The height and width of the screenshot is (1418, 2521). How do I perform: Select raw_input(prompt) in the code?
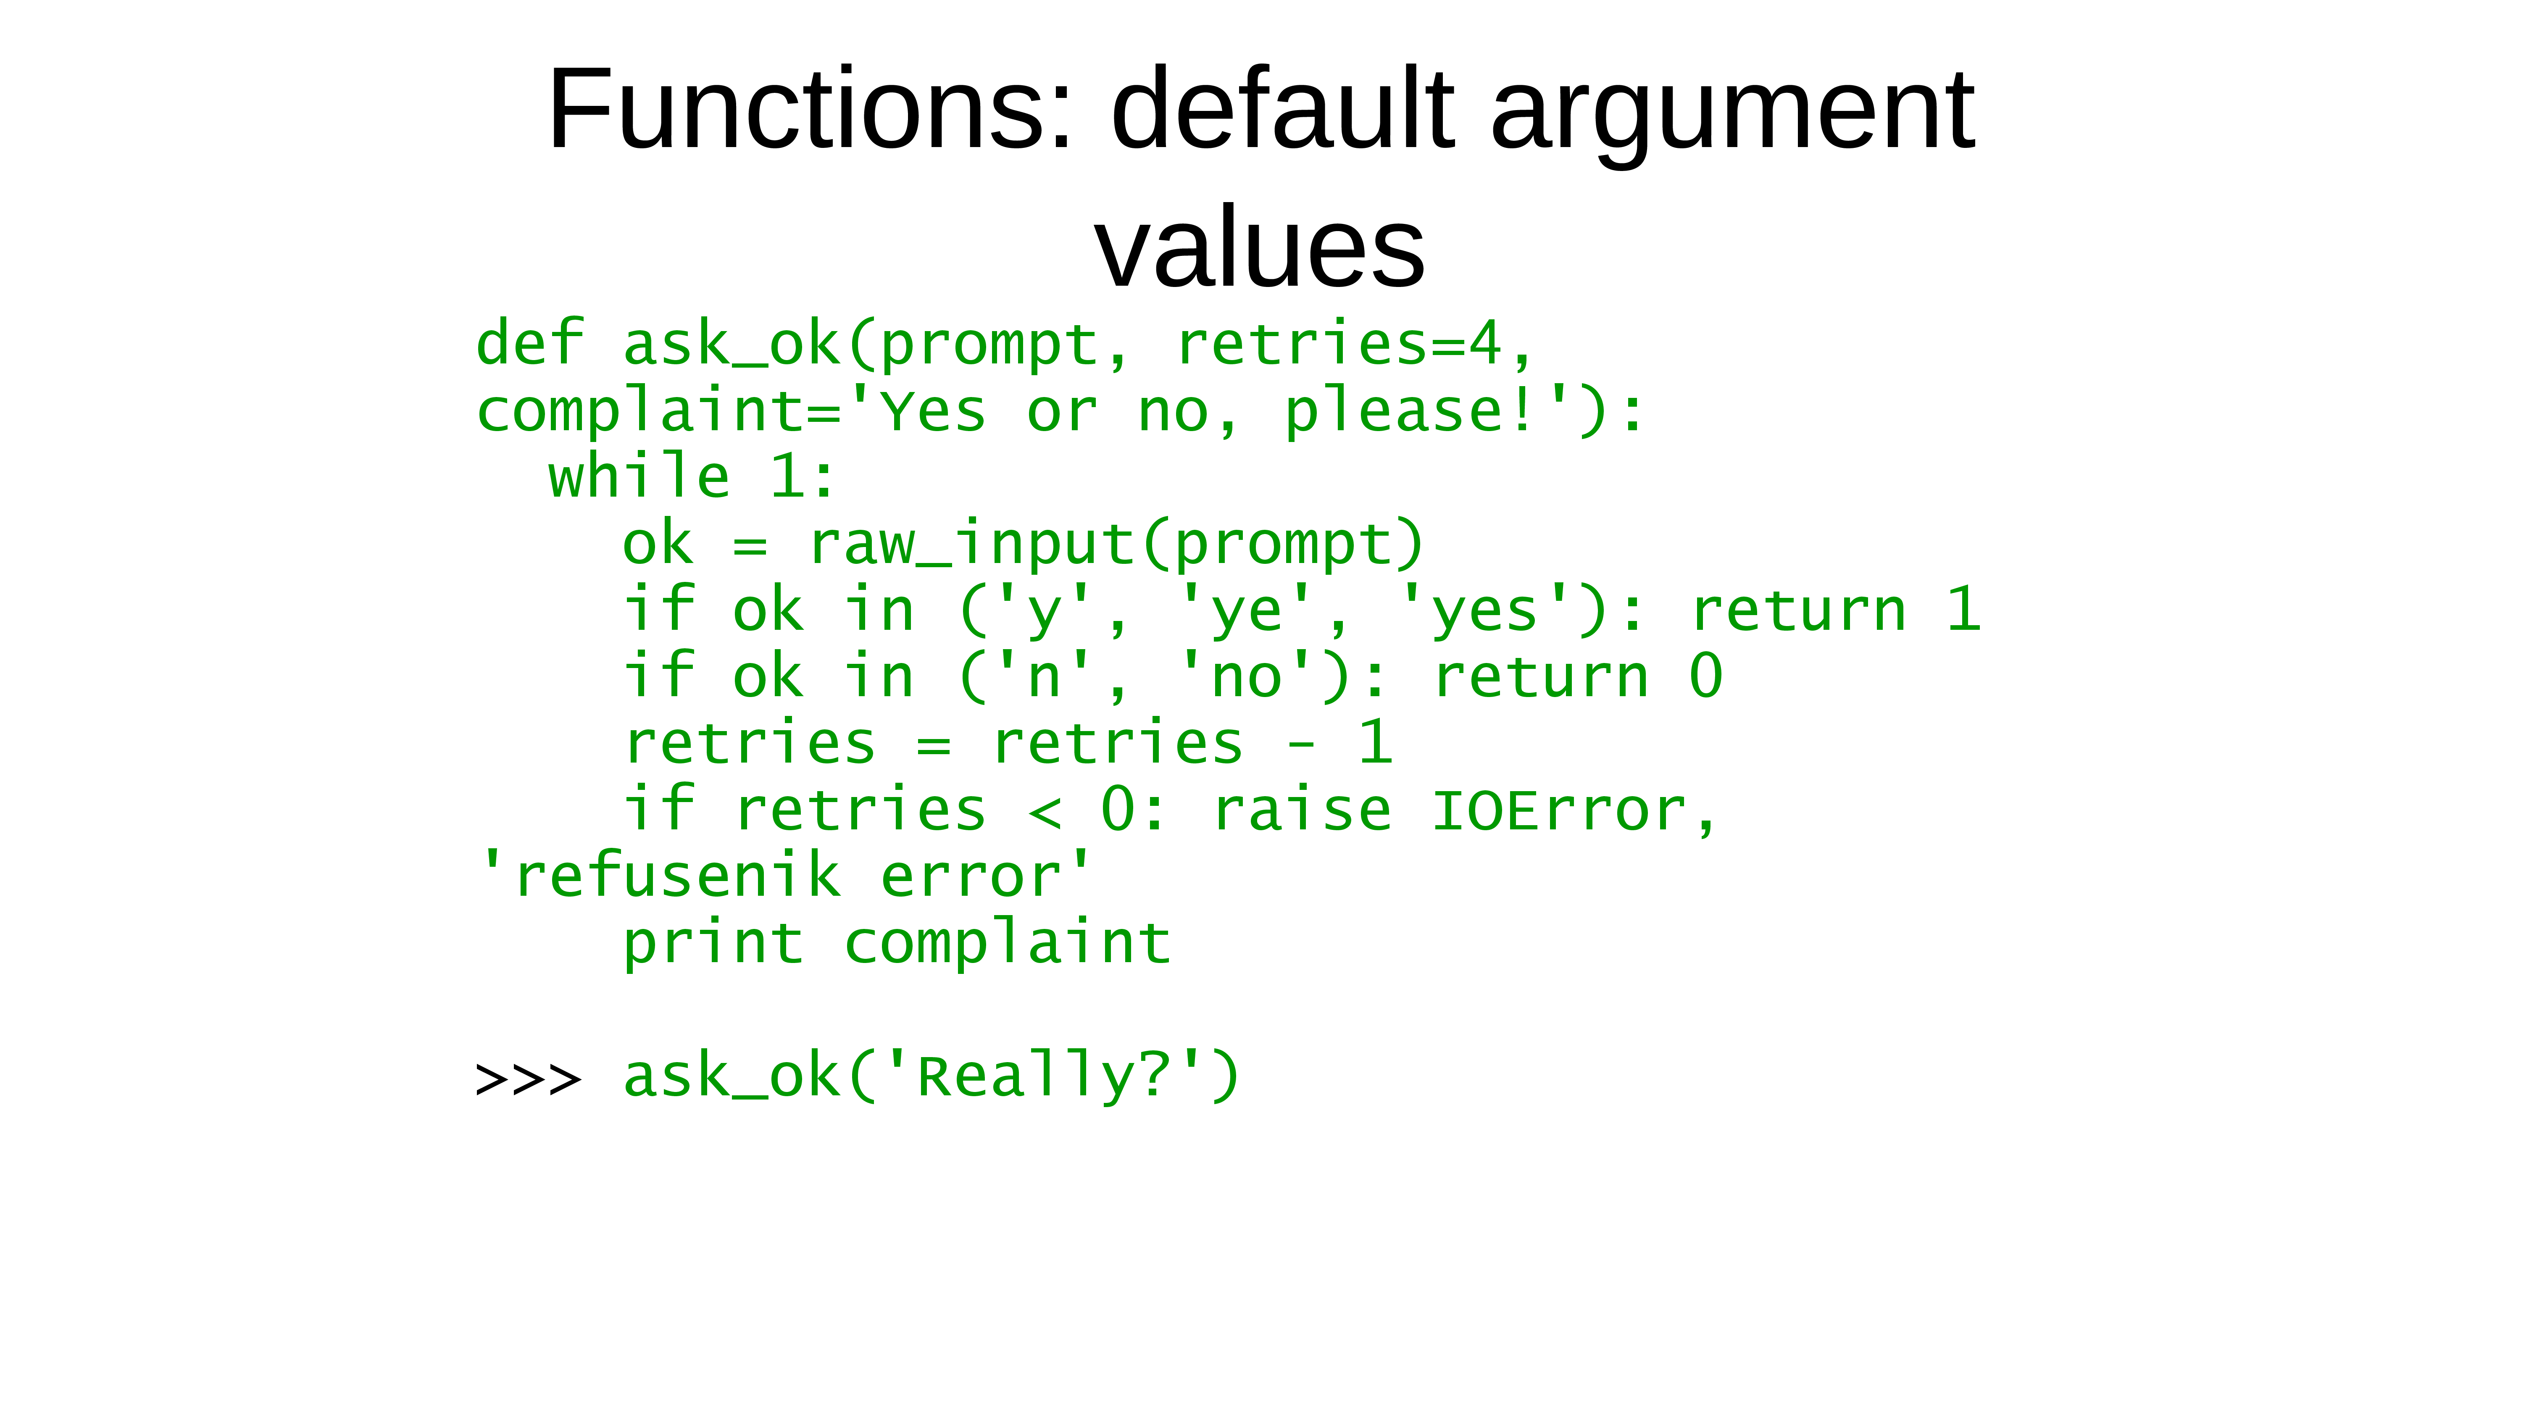coord(1116,544)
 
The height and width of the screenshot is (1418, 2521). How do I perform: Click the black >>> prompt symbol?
coord(529,1079)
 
